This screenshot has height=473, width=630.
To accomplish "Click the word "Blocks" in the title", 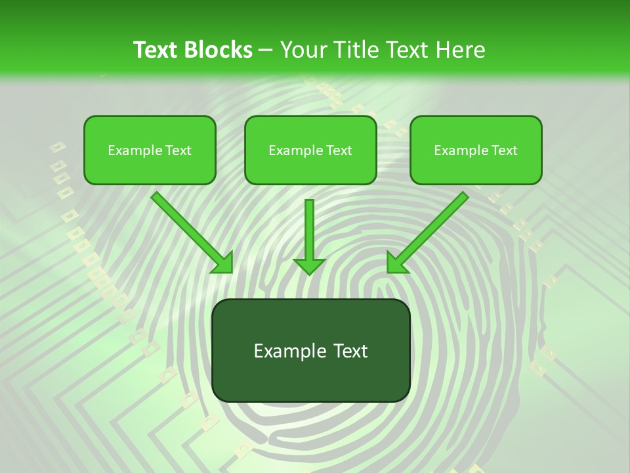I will [x=220, y=50].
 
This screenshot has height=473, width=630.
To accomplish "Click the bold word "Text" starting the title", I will [x=156, y=50].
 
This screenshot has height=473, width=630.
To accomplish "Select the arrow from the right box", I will [x=430, y=230].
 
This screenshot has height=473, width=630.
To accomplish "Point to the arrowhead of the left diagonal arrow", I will [x=223, y=263].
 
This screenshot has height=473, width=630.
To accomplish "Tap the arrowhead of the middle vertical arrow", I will [x=309, y=265].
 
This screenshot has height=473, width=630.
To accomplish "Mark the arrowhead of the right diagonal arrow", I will [x=397, y=262].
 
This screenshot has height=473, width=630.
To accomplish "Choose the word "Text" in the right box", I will [x=504, y=150].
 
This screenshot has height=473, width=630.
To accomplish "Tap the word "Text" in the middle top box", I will [x=339, y=150].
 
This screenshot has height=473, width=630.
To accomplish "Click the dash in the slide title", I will [x=266, y=51].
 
